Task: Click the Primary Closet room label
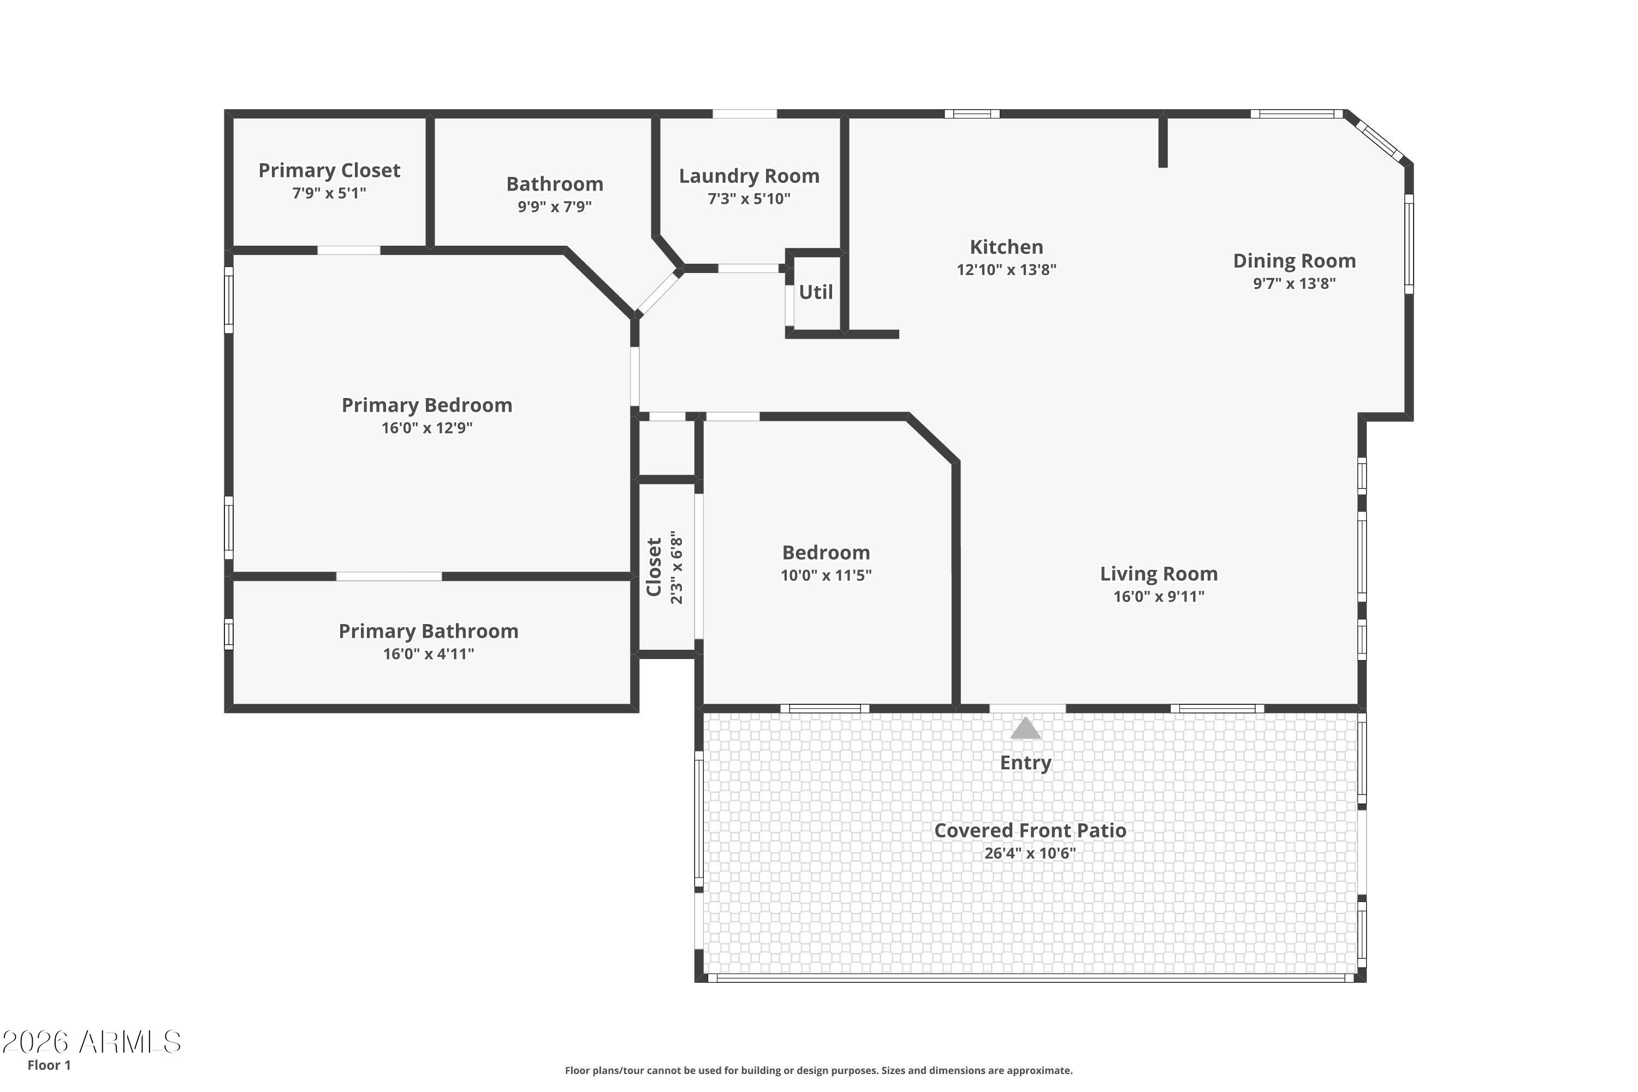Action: click(329, 170)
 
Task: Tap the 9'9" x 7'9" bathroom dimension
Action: click(554, 207)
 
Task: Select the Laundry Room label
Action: click(749, 176)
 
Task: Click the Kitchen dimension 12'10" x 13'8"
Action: click(1006, 270)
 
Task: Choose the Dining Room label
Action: click(1294, 260)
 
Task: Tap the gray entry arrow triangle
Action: click(1025, 729)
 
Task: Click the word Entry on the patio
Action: click(1025, 763)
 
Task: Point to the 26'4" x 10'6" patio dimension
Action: click(1029, 853)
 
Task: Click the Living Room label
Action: click(1158, 574)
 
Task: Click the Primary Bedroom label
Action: click(426, 405)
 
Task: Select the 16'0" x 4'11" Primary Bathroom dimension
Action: click(428, 654)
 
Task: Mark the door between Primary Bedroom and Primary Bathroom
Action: click(389, 576)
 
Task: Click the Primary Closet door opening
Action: click(348, 250)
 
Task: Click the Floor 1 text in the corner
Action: click(49, 1065)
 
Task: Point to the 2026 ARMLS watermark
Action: click(91, 1042)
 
